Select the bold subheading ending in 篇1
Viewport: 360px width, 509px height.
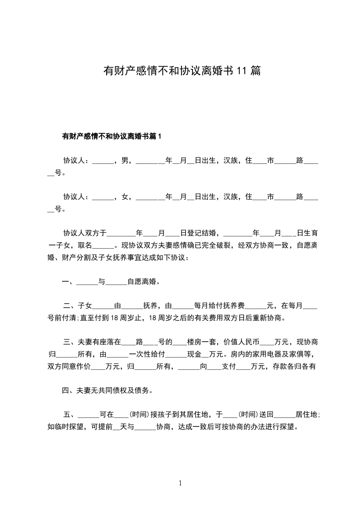click(112, 136)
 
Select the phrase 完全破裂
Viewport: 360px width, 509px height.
click(217, 245)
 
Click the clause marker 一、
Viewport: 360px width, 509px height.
click(69, 282)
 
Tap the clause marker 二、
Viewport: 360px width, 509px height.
click(71, 306)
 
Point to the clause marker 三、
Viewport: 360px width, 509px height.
click(71, 342)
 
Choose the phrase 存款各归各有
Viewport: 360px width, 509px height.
click(295, 367)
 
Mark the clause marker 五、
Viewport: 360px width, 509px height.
click(71, 415)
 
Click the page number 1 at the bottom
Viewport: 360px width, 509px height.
click(180, 484)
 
